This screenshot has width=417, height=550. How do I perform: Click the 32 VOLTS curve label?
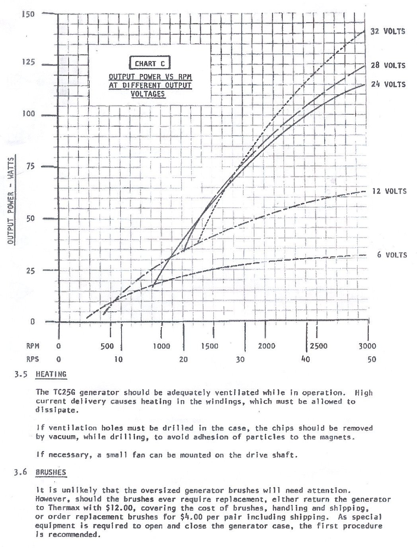[x=388, y=31]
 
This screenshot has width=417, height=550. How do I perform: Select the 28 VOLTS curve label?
[x=388, y=65]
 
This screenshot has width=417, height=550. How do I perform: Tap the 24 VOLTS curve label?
[x=388, y=84]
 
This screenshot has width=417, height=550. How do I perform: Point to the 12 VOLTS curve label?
[x=389, y=191]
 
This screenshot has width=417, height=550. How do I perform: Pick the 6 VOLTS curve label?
[x=392, y=255]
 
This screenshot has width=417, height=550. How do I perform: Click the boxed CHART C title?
[x=149, y=63]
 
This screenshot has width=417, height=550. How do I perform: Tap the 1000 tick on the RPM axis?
[x=162, y=346]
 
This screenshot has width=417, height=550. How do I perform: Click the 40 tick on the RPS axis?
[x=305, y=359]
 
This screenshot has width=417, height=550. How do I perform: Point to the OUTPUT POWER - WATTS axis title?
[x=11, y=201]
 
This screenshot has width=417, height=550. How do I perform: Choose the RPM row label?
[x=33, y=346]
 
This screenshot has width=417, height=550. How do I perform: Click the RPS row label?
[x=33, y=359]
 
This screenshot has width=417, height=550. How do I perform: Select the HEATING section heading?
[x=51, y=374]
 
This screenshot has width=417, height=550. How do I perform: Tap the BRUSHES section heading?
[x=51, y=472]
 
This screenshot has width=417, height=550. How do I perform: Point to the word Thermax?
[x=62, y=508]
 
